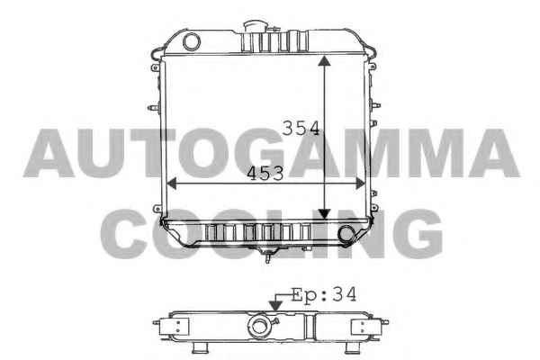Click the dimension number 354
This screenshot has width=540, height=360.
coord(301,128)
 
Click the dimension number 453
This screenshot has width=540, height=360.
coord(265,174)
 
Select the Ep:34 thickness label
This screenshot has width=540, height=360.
coord(324,295)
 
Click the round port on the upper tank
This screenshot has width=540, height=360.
coord(192,41)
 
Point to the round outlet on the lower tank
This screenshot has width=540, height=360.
coord(346,234)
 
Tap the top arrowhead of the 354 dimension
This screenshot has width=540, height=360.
coord(324,61)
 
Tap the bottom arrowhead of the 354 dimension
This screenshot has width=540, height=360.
coord(324,214)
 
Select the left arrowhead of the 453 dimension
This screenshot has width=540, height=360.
coord(171,184)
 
